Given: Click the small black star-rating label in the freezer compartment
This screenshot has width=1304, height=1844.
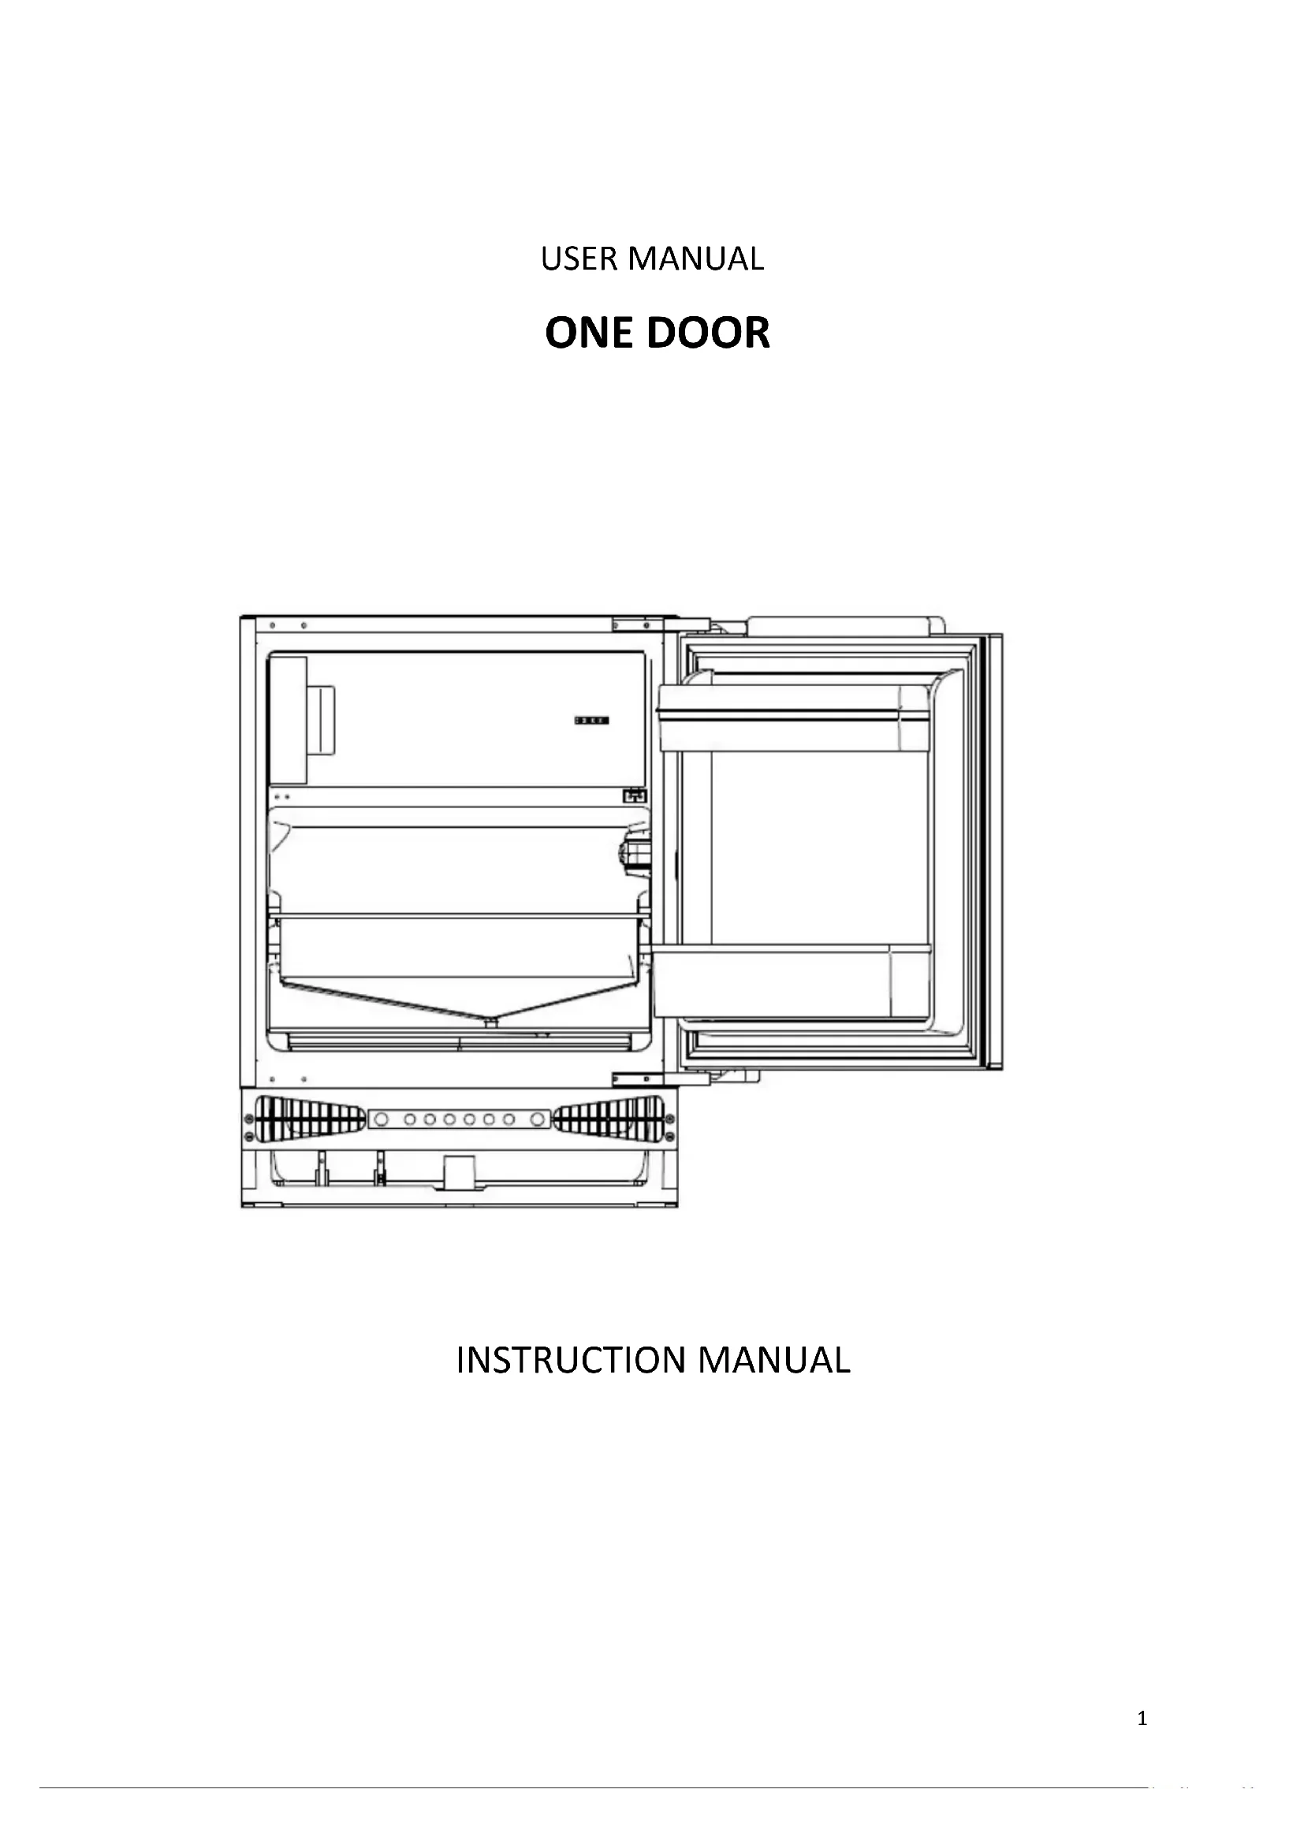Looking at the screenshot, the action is [591, 721].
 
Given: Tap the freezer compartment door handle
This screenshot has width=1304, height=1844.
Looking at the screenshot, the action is [322, 721].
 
